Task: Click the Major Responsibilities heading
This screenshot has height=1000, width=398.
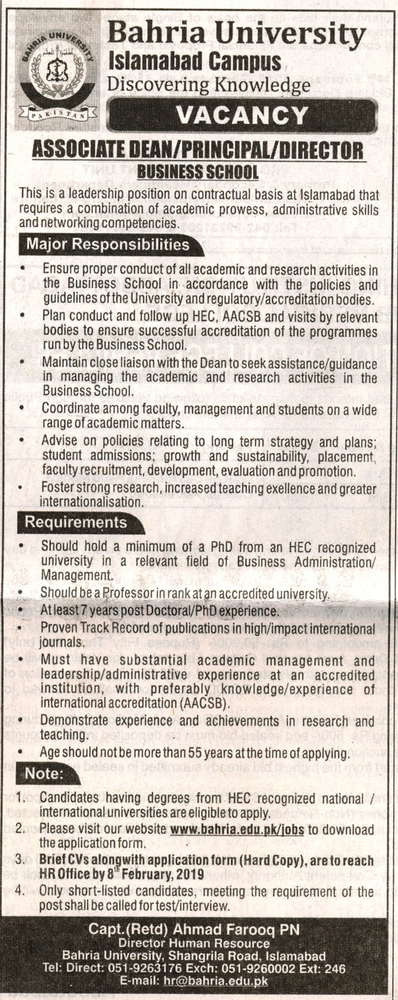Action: tap(107, 243)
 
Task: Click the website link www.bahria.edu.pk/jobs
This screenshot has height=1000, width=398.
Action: tap(237, 830)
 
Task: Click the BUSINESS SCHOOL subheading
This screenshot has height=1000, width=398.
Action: tap(198, 170)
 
